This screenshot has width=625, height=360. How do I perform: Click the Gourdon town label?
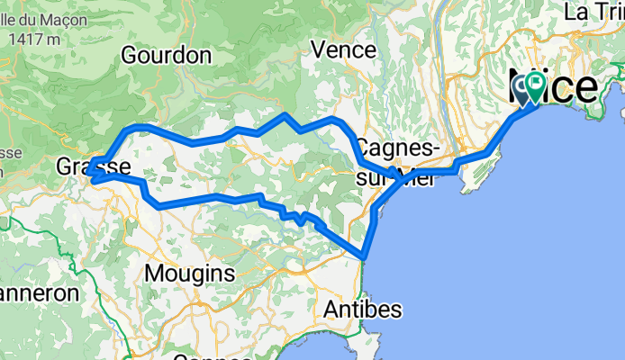(x=167, y=55)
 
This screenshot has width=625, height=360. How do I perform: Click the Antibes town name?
(x=361, y=309)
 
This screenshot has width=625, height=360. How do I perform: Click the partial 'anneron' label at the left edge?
(x=40, y=293)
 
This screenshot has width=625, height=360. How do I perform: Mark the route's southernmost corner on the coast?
(x=364, y=258)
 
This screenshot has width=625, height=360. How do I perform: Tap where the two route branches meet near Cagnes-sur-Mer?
(x=399, y=179)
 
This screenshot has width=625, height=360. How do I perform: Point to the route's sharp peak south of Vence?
(x=285, y=115)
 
